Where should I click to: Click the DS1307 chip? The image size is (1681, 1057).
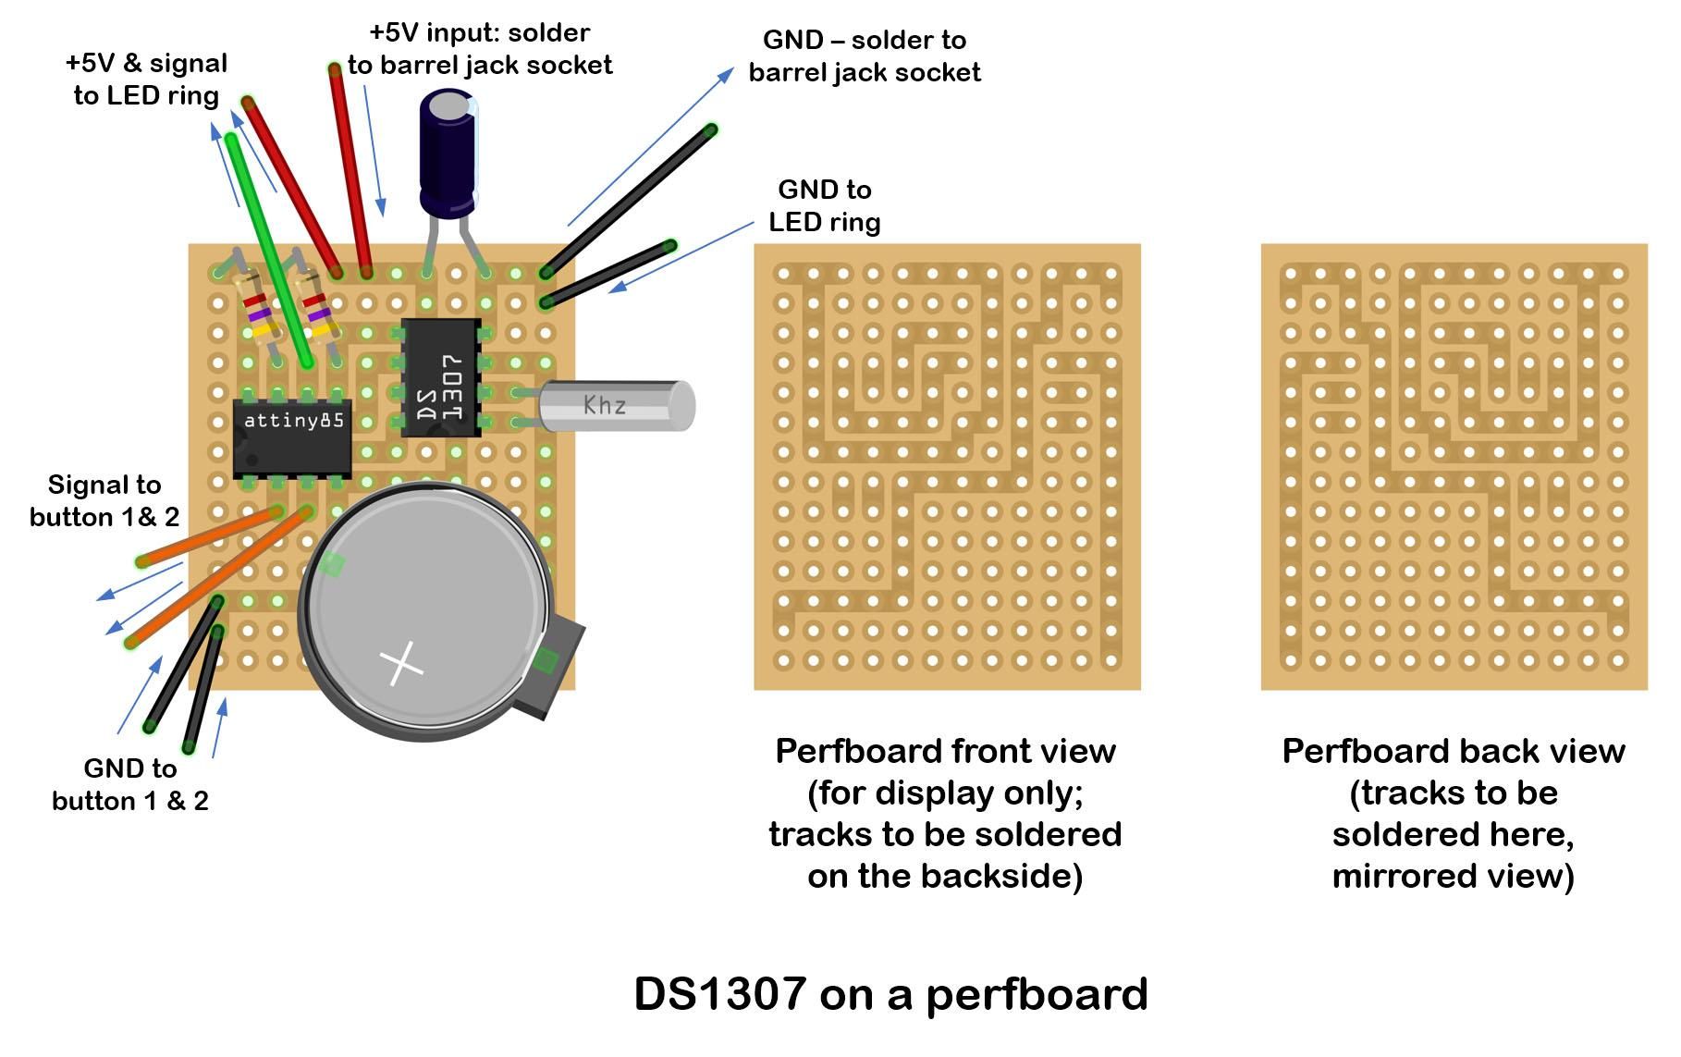click(x=441, y=377)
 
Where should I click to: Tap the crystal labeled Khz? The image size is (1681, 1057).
click(x=615, y=405)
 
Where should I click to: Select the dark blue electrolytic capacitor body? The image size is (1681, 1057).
click(x=448, y=153)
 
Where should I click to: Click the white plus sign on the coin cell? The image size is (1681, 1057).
click(x=401, y=662)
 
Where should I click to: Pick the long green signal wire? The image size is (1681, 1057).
click(x=268, y=250)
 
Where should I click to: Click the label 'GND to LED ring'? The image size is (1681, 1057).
click(x=824, y=205)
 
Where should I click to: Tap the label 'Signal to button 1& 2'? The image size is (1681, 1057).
click(x=104, y=500)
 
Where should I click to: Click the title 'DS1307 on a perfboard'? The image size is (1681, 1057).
click(x=890, y=994)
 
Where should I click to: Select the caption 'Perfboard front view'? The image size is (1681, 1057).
click(x=945, y=751)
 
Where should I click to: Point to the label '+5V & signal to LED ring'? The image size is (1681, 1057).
click(x=146, y=79)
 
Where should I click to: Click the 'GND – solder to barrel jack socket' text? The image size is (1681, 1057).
click(x=864, y=55)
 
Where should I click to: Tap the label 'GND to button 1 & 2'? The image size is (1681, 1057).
click(x=129, y=784)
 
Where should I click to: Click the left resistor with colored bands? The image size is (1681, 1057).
click(x=256, y=310)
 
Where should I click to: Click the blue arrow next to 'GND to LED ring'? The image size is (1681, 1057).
click(x=681, y=256)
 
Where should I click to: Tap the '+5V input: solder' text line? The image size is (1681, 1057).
click(x=479, y=32)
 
